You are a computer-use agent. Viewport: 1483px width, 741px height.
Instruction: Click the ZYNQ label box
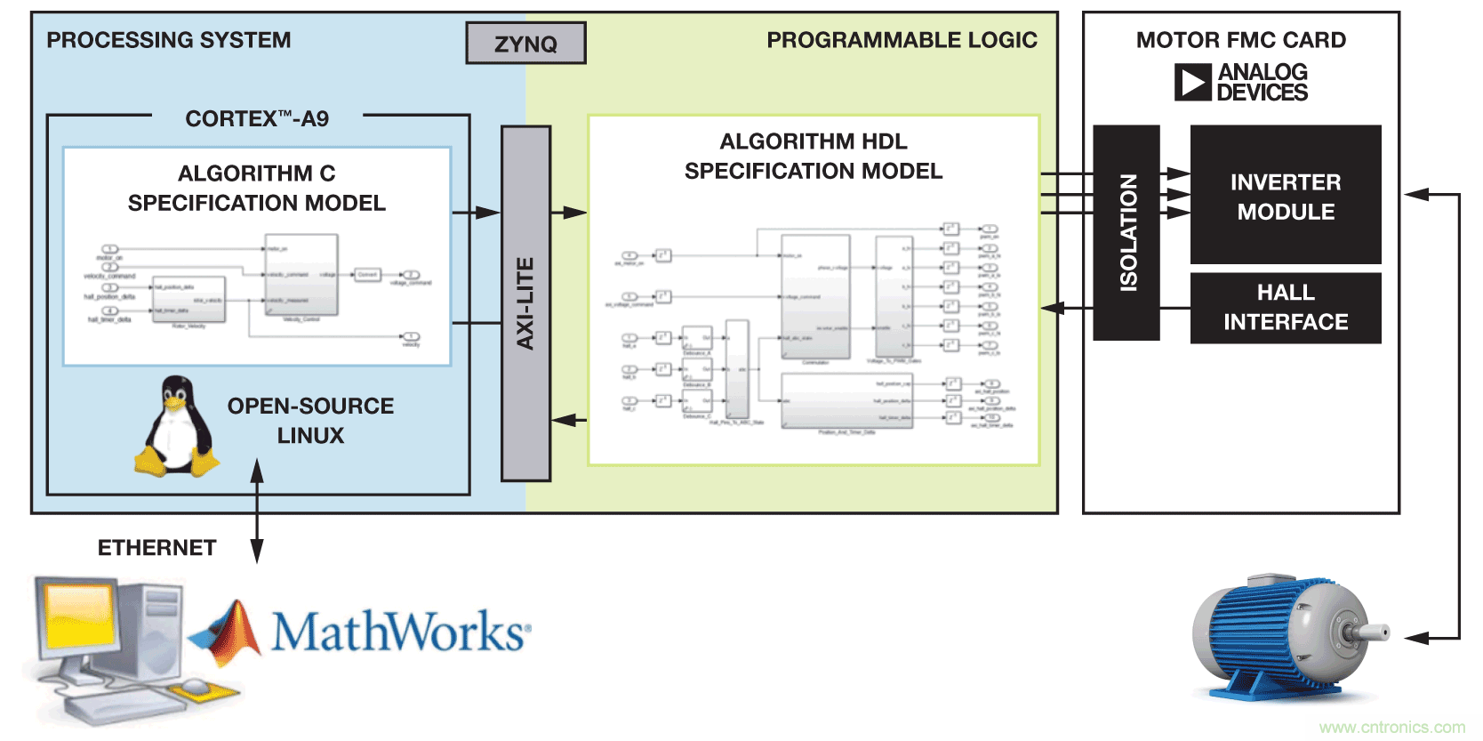click(525, 44)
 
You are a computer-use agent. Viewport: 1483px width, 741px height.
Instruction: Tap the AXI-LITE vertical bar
click(525, 303)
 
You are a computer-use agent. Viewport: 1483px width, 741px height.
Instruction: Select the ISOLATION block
click(1126, 233)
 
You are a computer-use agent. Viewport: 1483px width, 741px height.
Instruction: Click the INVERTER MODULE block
click(1286, 196)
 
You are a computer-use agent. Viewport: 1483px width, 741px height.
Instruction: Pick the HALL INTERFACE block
click(1286, 308)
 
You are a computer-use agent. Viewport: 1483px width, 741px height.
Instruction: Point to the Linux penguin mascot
click(177, 427)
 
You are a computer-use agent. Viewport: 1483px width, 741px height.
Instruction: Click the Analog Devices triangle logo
click(1192, 83)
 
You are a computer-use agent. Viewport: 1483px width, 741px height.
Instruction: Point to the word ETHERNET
click(156, 548)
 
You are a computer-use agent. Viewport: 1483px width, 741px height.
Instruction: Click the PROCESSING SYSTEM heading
click(169, 40)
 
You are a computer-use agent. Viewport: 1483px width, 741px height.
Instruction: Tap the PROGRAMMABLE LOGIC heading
click(902, 40)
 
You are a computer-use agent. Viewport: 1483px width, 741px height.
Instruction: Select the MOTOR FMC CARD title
click(1240, 40)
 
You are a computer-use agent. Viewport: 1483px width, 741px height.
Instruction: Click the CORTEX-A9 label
click(257, 118)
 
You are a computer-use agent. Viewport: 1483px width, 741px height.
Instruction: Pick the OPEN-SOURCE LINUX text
click(310, 421)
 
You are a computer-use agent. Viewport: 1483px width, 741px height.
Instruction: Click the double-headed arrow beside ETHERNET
click(257, 511)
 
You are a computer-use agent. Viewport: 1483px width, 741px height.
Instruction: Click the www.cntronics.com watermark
click(1391, 728)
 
